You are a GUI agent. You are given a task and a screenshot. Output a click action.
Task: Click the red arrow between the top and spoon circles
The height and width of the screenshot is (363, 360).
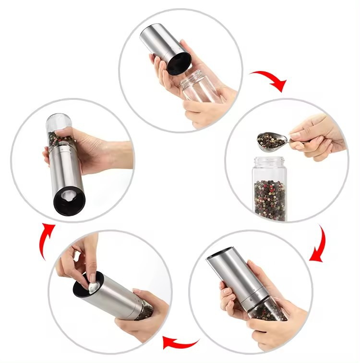(x=270, y=79)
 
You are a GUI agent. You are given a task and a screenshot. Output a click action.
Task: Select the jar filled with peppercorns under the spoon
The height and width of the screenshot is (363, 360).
(x=270, y=192)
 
